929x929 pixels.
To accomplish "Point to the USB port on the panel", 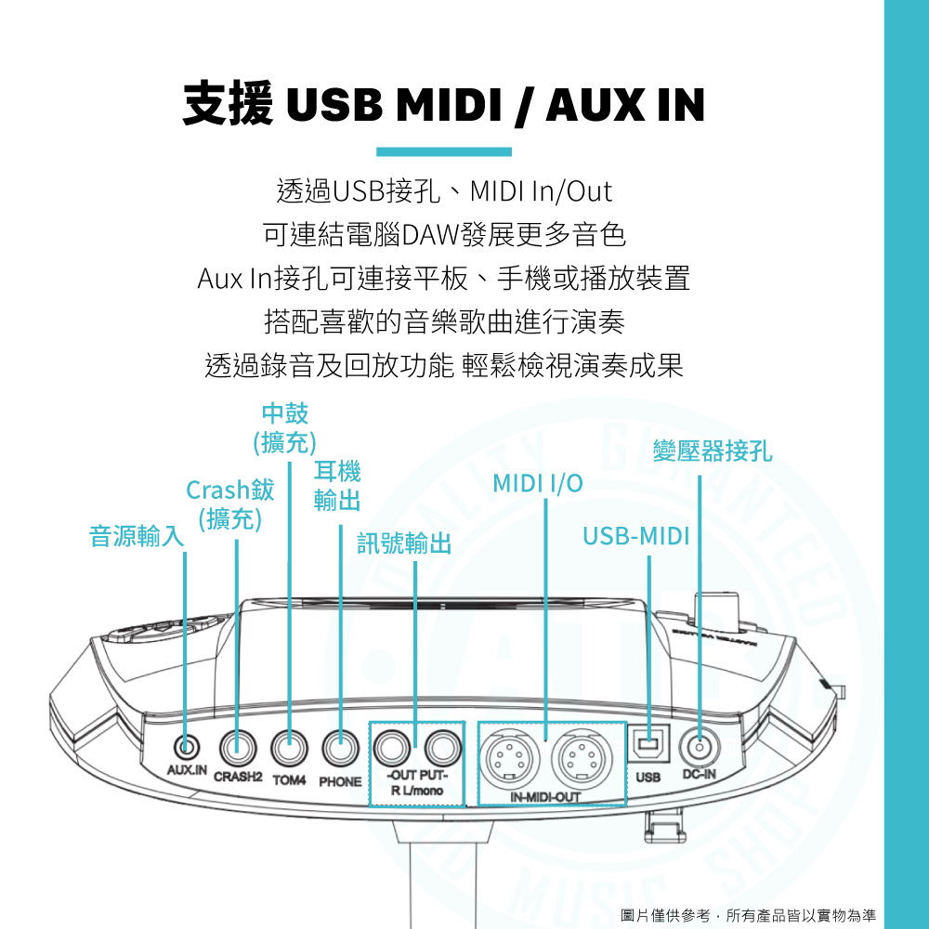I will coord(648,743).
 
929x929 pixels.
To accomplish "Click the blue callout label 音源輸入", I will coord(137,536).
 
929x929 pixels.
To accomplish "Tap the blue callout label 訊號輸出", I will coord(404,543).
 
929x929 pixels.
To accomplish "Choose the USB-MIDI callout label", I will coord(636,536).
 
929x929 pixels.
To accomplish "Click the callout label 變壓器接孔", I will coord(713,451).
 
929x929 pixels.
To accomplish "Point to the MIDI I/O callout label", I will coord(538,483).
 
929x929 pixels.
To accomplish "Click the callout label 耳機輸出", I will coord(337,486).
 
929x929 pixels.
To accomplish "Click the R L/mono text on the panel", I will coord(417,790).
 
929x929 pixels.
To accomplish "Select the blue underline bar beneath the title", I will coord(444,151).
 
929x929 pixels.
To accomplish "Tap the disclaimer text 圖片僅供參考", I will coord(665,915).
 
